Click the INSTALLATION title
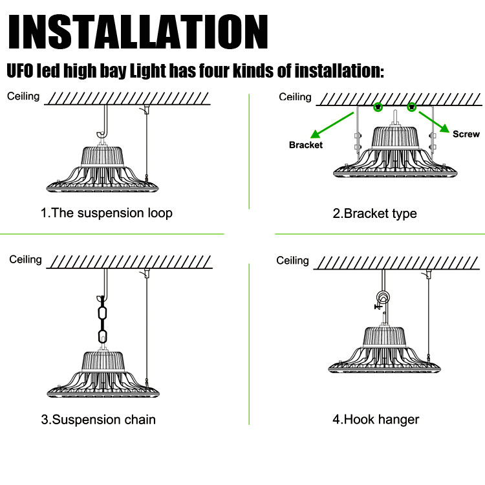click(x=138, y=32)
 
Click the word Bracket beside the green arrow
click(x=306, y=145)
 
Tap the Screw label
click(x=466, y=134)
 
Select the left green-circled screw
click(x=378, y=107)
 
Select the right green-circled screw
click(x=411, y=107)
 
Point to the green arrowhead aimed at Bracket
click(x=316, y=135)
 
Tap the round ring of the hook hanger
click(x=383, y=297)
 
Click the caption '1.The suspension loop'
click(x=107, y=213)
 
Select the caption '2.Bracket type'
click(x=374, y=214)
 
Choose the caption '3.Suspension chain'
click(x=98, y=420)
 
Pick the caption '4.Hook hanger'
click(x=376, y=420)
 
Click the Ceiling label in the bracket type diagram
click(x=295, y=97)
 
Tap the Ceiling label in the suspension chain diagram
click(x=25, y=259)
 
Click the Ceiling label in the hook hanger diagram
click(x=292, y=261)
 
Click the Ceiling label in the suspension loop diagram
click(x=23, y=96)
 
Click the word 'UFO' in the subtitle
click(x=20, y=71)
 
